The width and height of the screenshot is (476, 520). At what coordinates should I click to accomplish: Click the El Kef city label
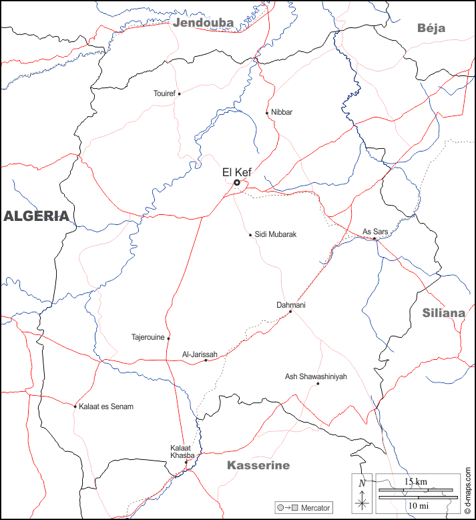(236, 172)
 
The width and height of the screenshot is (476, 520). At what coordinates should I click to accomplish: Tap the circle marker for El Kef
(236, 182)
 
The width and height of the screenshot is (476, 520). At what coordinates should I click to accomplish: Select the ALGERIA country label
(36, 216)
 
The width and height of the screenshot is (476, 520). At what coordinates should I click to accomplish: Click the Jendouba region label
(203, 23)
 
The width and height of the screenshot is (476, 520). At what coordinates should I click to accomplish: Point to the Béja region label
(431, 28)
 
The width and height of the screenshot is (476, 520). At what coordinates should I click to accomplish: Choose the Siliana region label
(443, 312)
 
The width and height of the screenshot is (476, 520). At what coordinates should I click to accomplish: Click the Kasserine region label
(258, 465)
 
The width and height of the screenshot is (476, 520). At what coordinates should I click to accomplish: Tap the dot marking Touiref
(179, 94)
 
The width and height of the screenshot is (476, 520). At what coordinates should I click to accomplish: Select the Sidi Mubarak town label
(276, 234)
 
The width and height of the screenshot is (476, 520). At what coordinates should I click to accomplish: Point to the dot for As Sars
(375, 239)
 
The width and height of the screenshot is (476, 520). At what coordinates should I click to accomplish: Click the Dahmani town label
(290, 305)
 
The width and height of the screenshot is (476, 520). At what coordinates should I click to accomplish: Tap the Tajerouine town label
(148, 337)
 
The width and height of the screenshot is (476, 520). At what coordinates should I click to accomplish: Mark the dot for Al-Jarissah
(206, 360)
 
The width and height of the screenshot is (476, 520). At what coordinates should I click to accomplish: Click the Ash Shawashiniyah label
(316, 376)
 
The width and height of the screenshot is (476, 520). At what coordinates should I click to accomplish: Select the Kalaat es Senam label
(106, 407)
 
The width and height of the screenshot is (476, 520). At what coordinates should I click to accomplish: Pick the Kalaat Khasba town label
(182, 451)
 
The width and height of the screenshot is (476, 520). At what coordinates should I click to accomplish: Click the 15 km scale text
(416, 481)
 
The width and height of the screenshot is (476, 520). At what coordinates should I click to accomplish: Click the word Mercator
(315, 508)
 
